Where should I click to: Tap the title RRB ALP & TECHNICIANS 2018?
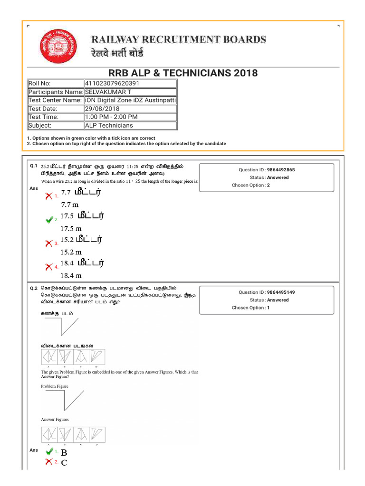(183, 73)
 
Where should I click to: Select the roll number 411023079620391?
(112, 84)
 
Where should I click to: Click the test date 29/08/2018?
(102, 109)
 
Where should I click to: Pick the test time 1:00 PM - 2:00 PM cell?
(111, 117)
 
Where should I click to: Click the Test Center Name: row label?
(55, 100)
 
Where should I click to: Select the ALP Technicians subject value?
(109, 125)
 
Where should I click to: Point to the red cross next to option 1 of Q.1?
(48, 196)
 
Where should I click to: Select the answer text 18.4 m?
(71, 275)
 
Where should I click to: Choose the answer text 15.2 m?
(71, 252)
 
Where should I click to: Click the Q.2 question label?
(33, 288)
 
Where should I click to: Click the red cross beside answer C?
(48, 462)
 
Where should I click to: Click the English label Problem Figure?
(55, 386)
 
